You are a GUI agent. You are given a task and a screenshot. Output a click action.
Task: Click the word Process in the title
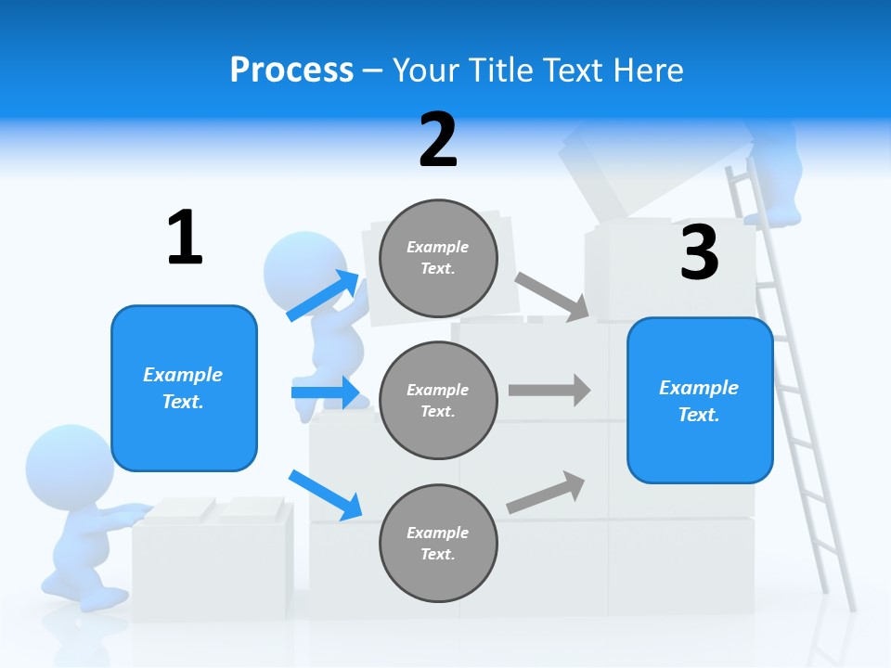(x=291, y=71)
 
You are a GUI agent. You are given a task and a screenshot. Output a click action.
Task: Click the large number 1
(x=185, y=238)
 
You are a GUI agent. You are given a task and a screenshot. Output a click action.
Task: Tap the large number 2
(x=438, y=139)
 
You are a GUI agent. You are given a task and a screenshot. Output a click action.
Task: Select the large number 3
(x=699, y=252)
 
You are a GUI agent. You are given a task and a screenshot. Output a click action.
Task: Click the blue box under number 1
(x=184, y=388)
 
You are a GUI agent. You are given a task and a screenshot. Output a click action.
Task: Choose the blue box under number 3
(x=700, y=400)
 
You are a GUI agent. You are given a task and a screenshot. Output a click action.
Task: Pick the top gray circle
(x=438, y=257)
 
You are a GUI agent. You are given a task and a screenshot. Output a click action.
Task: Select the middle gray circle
(x=438, y=400)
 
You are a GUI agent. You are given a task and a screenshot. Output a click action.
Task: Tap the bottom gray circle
(x=438, y=543)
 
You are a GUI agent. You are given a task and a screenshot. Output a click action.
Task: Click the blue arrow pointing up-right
(x=323, y=295)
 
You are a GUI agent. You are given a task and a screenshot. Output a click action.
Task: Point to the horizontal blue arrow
(x=325, y=392)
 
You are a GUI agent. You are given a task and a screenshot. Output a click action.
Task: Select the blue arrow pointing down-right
(x=325, y=494)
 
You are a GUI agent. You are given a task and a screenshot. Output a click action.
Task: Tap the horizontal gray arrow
(x=549, y=390)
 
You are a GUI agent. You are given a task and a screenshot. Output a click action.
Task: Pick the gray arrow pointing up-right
(x=547, y=492)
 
